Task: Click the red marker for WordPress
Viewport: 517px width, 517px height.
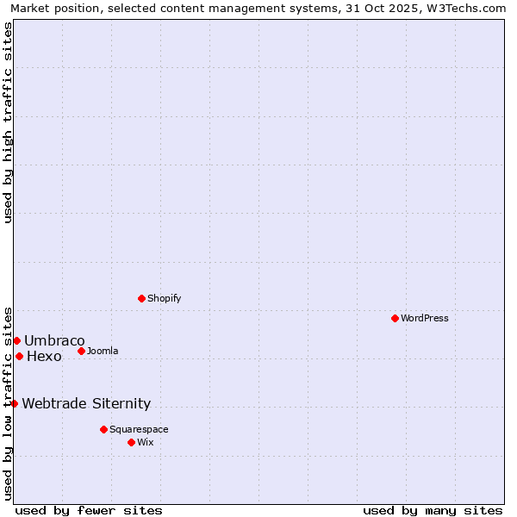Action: coord(395,318)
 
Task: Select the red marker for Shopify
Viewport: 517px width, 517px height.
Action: coord(141,298)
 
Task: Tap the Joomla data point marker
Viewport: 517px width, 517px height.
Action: coord(81,351)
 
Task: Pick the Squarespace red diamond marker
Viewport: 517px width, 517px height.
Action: coord(103,429)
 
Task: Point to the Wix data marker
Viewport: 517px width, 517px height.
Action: coord(131,442)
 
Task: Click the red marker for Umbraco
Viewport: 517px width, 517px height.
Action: coord(16,340)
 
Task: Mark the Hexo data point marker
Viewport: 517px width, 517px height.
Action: coord(19,356)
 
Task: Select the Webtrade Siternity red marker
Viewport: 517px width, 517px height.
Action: coord(14,403)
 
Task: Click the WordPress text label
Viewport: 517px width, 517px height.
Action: coord(425,318)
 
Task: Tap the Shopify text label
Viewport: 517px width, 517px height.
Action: coord(164,298)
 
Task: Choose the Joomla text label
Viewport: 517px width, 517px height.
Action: coord(103,351)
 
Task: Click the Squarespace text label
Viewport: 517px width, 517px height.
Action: coord(139,429)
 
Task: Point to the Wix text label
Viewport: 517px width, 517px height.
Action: coord(146,442)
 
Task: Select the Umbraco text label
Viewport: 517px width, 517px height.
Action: coord(54,340)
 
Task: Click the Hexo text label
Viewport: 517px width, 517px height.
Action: coord(44,356)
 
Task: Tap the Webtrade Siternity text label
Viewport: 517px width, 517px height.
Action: coord(86,403)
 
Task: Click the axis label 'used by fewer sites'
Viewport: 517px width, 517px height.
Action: coord(89,510)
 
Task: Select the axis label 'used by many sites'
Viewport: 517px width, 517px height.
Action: coord(433,510)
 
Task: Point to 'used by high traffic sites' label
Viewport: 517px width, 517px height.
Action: coord(8,121)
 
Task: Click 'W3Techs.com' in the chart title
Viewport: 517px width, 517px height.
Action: coord(464,9)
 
